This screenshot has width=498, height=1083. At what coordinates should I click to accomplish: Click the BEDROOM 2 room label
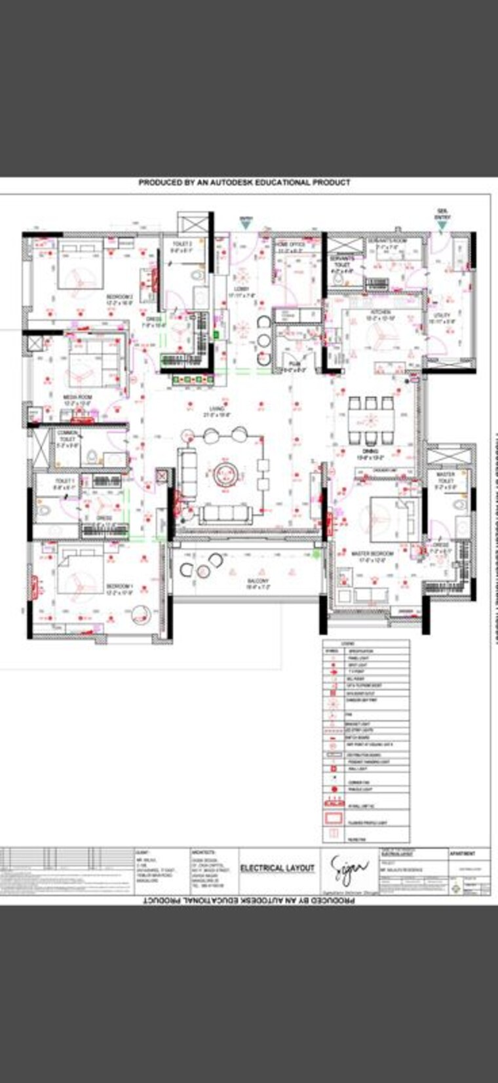[x=119, y=299]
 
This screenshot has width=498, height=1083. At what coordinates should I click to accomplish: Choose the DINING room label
[x=368, y=454]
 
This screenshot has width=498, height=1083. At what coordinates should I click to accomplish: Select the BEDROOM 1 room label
[x=119, y=588]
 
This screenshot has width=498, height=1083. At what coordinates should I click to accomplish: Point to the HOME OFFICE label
[x=289, y=246]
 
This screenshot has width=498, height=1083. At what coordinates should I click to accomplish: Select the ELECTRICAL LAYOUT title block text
[x=277, y=868]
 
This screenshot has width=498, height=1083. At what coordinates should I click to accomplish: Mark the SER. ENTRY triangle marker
[x=442, y=225]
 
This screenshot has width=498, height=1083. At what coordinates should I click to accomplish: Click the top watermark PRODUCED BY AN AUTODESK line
[x=244, y=182]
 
